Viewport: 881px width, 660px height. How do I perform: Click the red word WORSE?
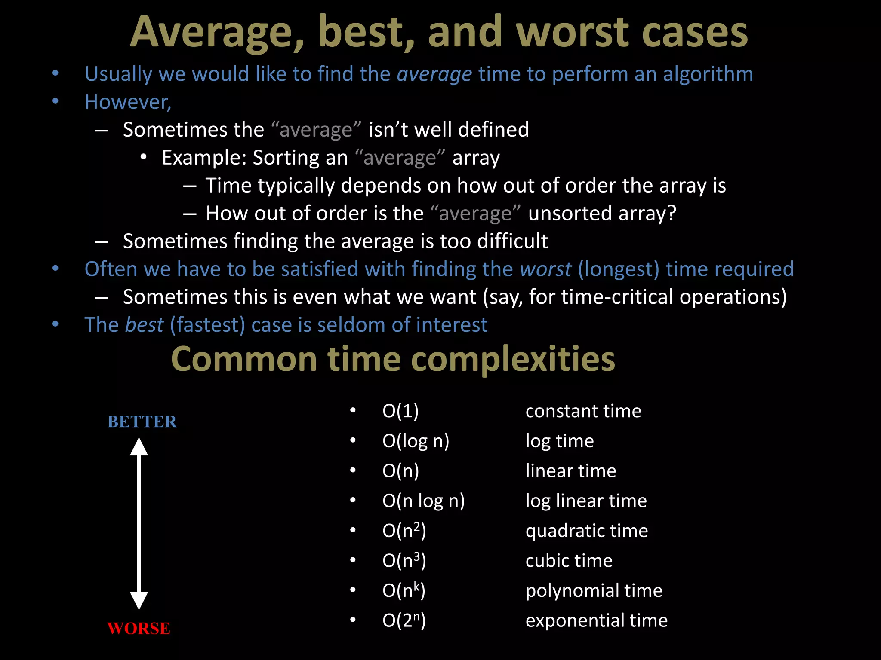click(139, 628)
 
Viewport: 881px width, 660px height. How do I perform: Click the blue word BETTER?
click(142, 422)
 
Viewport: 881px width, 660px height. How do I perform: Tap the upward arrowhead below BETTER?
click(139, 447)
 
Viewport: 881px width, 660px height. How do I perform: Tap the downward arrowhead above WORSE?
click(139, 600)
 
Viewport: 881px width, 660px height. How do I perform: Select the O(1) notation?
click(400, 411)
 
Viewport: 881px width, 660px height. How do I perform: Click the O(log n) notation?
click(416, 441)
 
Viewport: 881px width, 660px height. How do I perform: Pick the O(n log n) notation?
click(423, 501)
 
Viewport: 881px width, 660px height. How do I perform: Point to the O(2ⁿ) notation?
click(404, 620)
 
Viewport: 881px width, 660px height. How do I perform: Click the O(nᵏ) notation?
click(404, 591)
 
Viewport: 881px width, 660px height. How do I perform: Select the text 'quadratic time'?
click(586, 531)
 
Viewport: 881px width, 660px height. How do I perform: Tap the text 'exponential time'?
click(596, 620)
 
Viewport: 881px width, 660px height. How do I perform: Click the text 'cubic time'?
click(569, 561)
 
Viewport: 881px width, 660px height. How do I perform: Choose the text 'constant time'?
click(583, 411)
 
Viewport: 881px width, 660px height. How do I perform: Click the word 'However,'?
click(128, 102)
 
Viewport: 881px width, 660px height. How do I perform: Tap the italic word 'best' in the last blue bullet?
click(145, 325)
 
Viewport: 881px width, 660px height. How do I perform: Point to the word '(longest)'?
click(619, 269)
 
